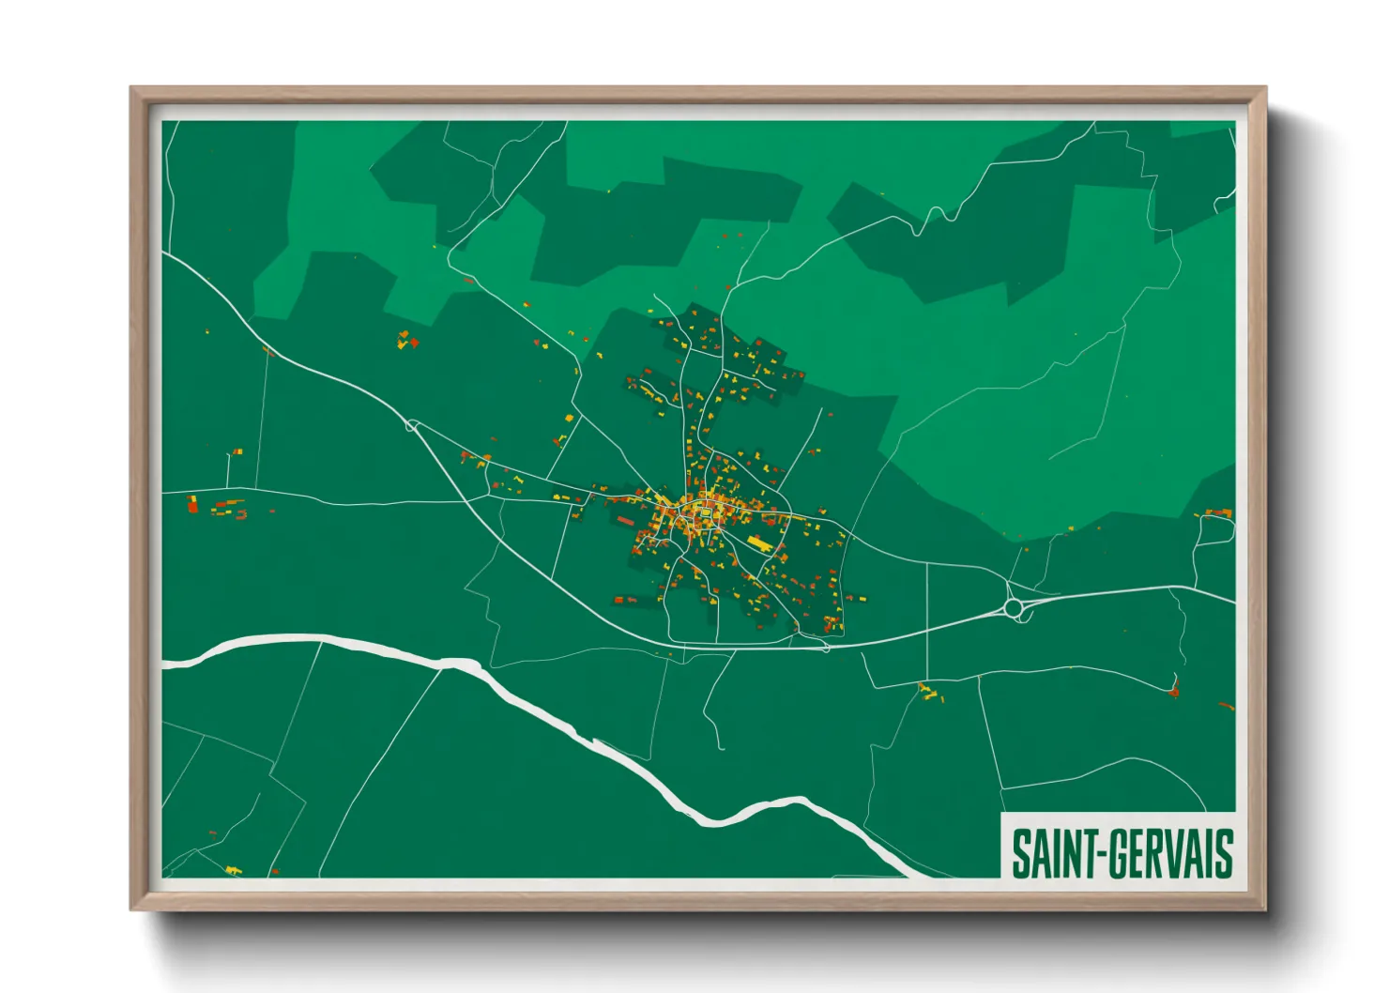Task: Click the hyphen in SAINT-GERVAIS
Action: coord(1099,855)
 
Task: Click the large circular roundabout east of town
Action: coord(1014,609)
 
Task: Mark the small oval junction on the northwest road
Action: coord(411,426)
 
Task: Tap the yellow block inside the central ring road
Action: coord(704,512)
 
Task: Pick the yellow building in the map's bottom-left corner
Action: coord(233,871)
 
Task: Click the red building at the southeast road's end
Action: coord(1174,692)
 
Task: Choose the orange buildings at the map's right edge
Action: coord(1218,512)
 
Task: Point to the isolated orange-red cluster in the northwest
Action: coord(406,341)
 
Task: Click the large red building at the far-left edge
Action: coord(193,506)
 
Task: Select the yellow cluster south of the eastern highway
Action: coord(929,694)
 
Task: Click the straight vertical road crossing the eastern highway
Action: coord(927,619)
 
